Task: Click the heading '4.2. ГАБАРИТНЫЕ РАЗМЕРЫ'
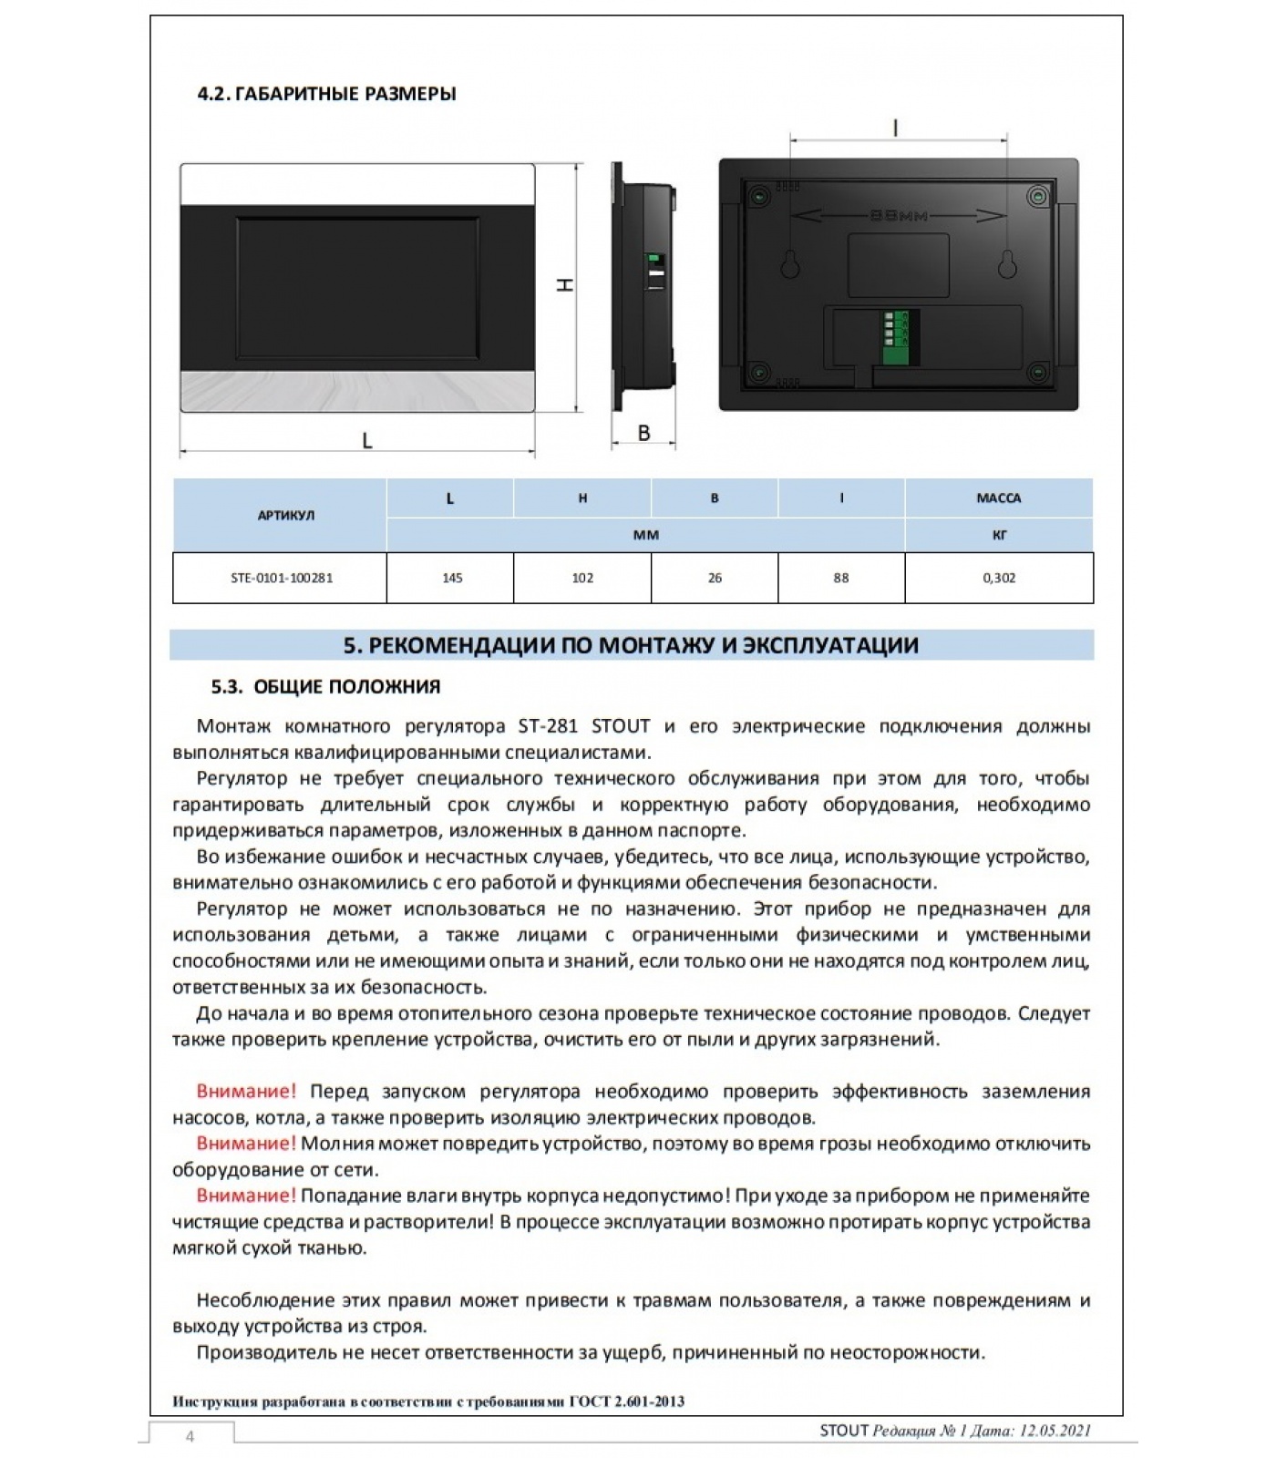pyautogui.click(x=326, y=94)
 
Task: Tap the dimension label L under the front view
pyautogui.click(x=366, y=441)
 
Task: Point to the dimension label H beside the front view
pyautogui.click(x=566, y=285)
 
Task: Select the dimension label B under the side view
pyautogui.click(x=643, y=433)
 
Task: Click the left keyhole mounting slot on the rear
pyautogui.click(x=790, y=263)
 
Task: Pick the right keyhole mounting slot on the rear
pyautogui.click(x=1007, y=263)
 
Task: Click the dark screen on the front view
pyautogui.click(x=357, y=286)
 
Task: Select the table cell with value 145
pyautogui.click(x=451, y=578)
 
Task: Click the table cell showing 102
pyautogui.click(x=582, y=578)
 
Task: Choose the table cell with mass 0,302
pyautogui.click(x=999, y=578)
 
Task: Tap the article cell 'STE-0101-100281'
pyautogui.click(x=281, y=578)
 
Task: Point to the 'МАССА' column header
pyautogui.click(x=999, y=498)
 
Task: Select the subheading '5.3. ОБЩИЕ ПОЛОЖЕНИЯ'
pyautogui.click(x=325, y=687)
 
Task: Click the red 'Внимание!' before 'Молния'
pyautogui.click(x=246, y=1144)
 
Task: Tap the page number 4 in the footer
pyautogui.click(x=190, y=1437)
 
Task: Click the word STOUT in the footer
pyautogui.click(x=844, y=1431)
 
